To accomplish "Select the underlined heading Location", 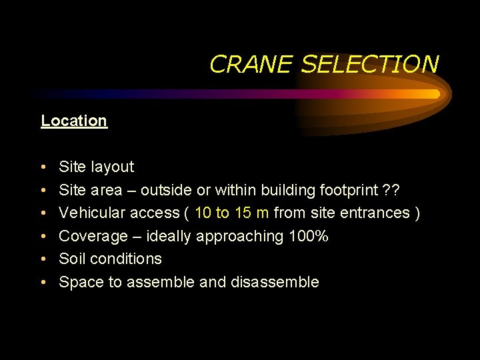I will click(x=73, y=121).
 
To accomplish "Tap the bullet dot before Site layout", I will click(x=43, y=167).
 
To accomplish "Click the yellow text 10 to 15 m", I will click(x=232, y=213).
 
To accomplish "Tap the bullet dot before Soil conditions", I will click(x=43, y=259).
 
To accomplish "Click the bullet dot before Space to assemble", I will click(x=43, y=283).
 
